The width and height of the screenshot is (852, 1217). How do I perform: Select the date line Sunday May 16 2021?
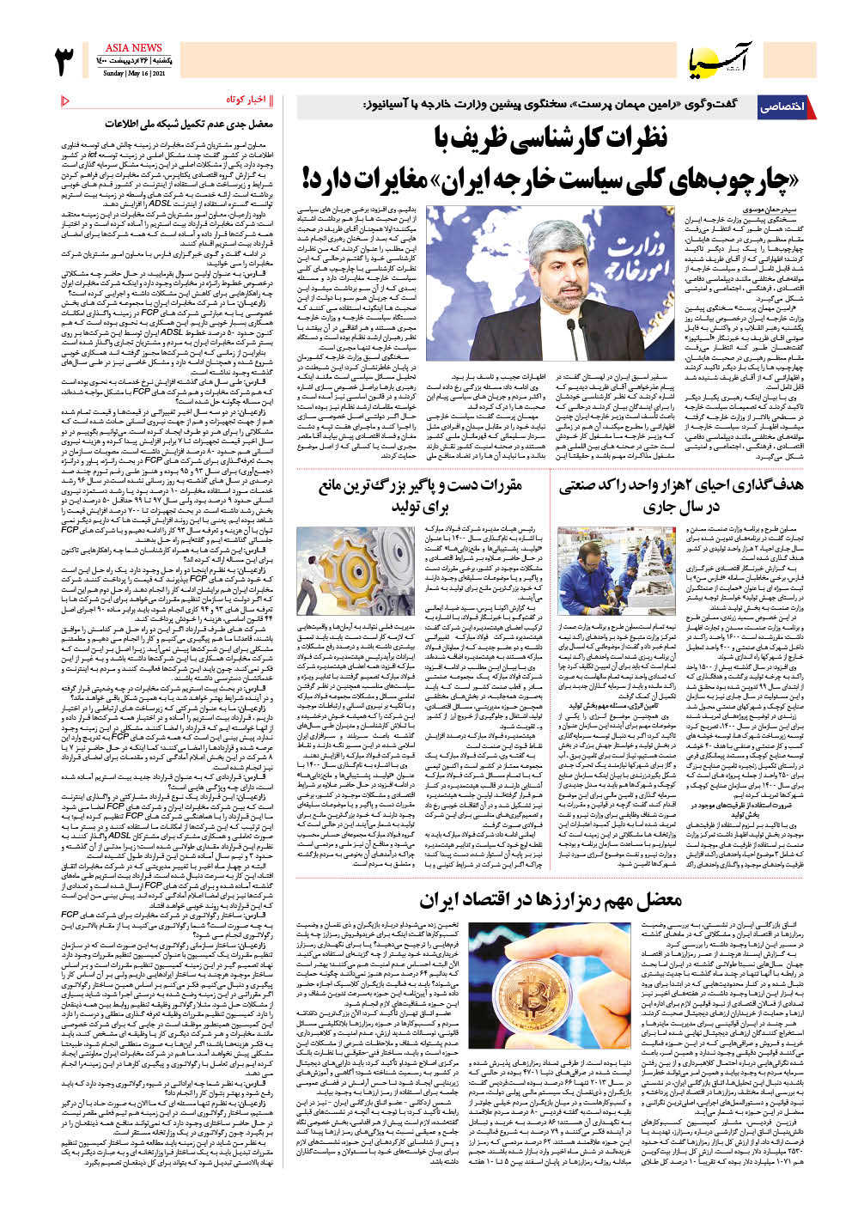click(x=133, y=74)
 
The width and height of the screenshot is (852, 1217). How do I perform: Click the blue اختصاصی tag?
click(x=782, y=107)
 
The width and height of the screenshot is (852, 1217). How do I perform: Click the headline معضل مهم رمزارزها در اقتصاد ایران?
click(x=551, y=900)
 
